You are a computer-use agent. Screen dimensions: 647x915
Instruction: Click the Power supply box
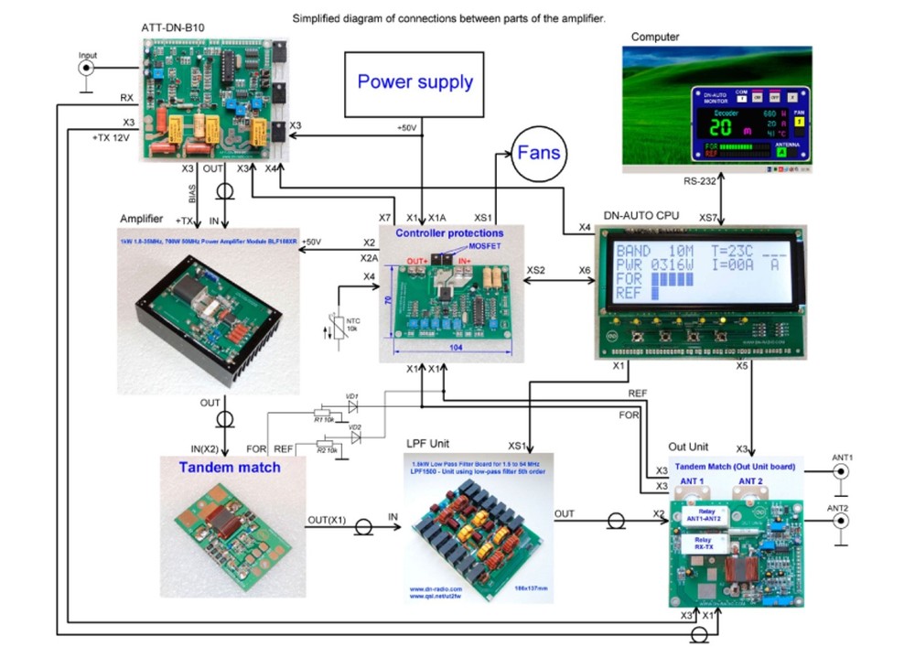(414, 83)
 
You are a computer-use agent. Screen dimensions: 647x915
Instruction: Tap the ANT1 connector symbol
(839, 472)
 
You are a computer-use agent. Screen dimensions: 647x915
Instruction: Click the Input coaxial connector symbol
(87, 68)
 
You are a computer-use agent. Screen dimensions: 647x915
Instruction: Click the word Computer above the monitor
(655, 37)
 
